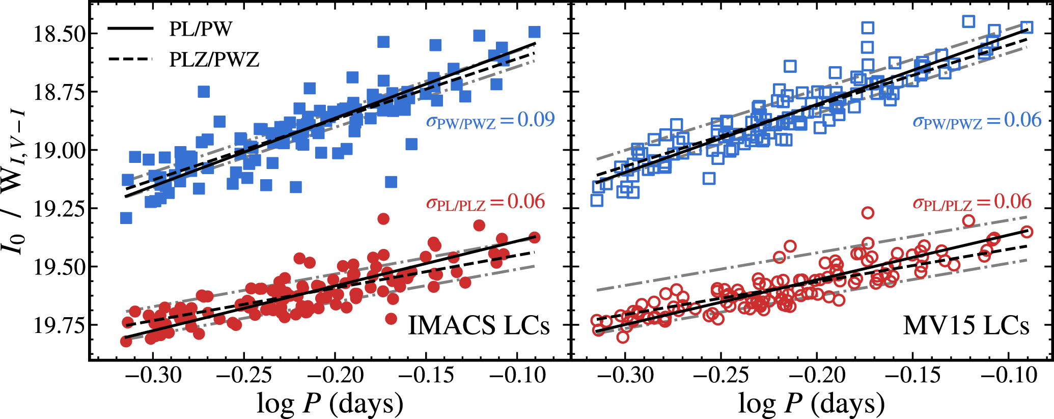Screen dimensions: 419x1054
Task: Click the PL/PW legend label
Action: coord(201,29)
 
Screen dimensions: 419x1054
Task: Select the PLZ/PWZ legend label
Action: coord(214,60)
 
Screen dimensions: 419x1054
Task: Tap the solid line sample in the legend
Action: coord(130,29)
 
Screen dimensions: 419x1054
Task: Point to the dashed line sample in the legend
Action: coord(130,59)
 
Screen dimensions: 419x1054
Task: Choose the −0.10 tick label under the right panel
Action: coord(1008,376)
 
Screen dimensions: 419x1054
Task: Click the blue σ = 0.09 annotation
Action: coord(490,121)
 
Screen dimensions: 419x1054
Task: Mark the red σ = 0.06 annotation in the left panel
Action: coord(485,203)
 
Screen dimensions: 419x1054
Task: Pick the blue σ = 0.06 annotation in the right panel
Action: coord(977,121)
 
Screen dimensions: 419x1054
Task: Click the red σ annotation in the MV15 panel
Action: coord(972,203)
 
